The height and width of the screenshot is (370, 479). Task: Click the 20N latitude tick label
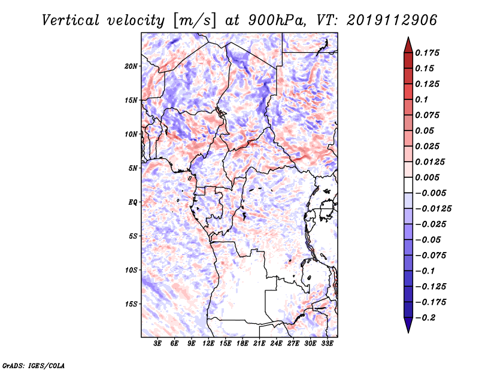coord(131,66)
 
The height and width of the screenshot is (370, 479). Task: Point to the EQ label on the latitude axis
coord(132,202)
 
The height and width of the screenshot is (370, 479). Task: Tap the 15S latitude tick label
coord(131,304)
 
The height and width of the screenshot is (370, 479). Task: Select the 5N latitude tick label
coord(132,168)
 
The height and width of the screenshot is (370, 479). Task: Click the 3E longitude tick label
coord(157,344)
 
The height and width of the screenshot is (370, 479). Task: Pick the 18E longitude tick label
coord(242,344)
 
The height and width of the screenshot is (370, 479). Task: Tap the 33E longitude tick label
coord(327,344)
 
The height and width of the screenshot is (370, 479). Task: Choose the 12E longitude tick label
coord(208,344)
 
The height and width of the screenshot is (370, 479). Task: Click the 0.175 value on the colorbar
coord(427,53)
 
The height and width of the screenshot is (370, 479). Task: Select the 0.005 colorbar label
coord(427,177)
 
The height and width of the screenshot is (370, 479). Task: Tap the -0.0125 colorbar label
coord(433,209)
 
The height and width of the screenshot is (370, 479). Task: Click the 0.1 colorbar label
coord(422,99)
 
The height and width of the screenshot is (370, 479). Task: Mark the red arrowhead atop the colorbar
coord(408,45)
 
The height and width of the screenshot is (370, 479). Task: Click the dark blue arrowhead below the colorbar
coord(408,325)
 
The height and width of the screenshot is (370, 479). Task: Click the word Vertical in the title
coord(70,20)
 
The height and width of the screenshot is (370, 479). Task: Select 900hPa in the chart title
coord(277,20)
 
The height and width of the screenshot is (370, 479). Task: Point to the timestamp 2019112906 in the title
coord(392,20)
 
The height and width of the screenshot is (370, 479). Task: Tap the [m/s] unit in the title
coord(195,21)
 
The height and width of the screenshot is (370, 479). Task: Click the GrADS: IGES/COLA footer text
coord(34,365)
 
